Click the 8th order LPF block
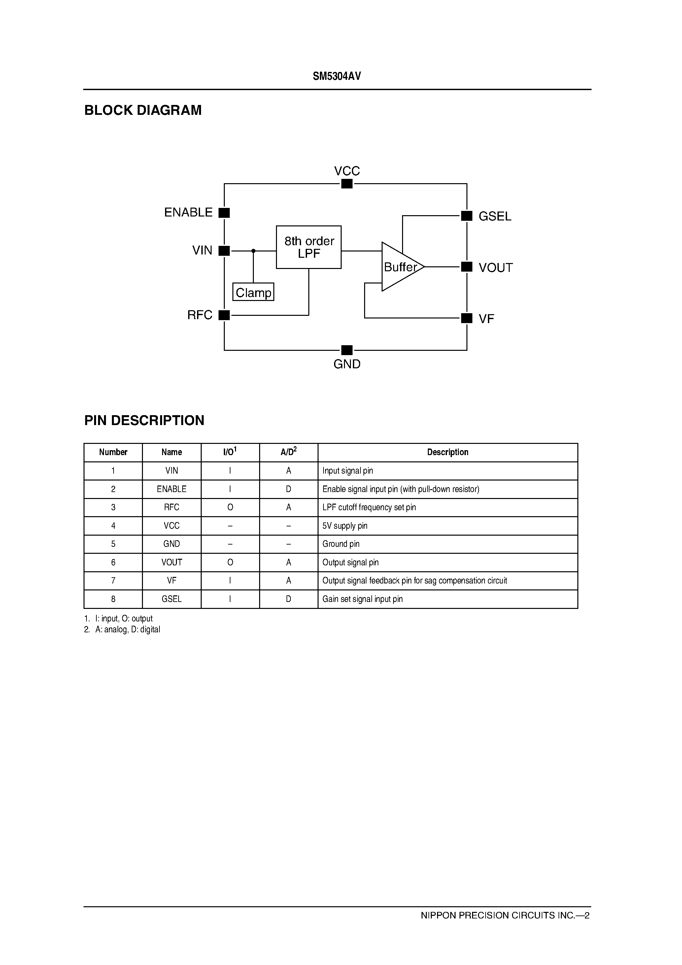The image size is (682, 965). click(309, 247)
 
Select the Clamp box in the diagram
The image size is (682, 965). click(253, 292)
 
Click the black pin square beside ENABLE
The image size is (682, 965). click(224, 213)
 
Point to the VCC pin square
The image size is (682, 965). click(347, 184)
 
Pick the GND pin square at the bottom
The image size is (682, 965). click(347, 350)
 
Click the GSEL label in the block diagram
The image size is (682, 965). click(495, 216)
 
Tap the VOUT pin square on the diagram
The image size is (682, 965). click(467, 266)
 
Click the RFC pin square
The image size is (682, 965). click(224, 315)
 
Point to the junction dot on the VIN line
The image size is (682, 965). click(253, 251)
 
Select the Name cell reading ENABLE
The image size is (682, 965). click(172, 489)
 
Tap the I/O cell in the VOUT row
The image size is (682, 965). click(230, 562)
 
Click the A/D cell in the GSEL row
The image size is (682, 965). click(289, 599)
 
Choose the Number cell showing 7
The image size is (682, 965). click(113, 581)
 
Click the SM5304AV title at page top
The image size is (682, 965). click(337, 76)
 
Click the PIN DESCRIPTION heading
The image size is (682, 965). click(144, 420)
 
